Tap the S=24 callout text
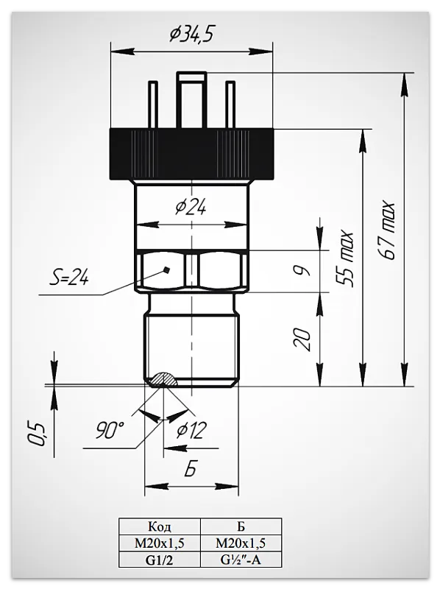(x=69, y=278)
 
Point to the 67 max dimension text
(x=387, y=231)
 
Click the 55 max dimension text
(x=344, y=259)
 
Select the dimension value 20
(x=304, y=339)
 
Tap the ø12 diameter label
(x=191, y=431)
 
